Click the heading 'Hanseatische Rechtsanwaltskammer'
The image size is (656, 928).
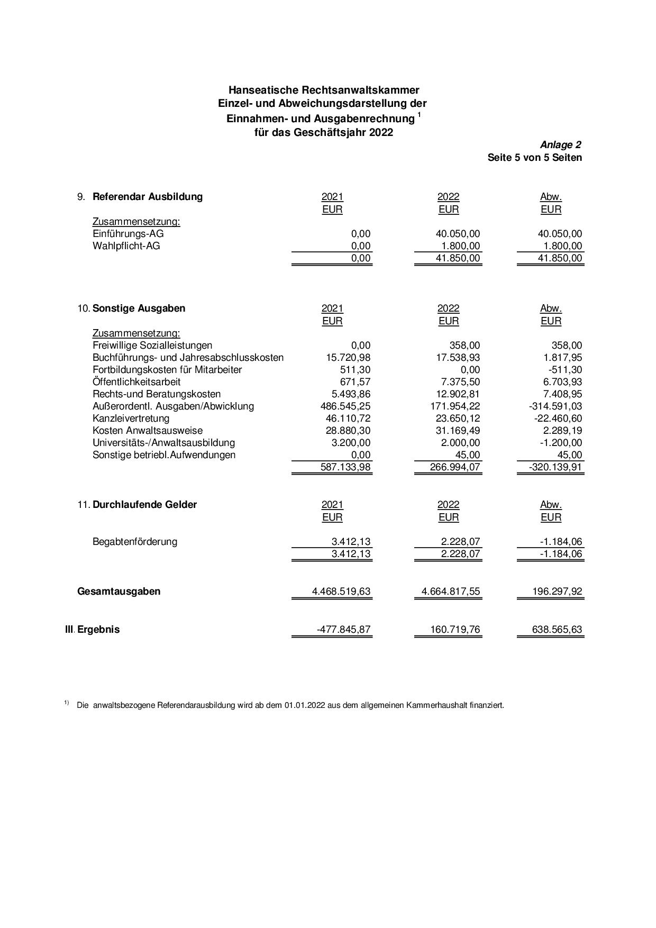324,90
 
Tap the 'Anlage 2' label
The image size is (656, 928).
560,145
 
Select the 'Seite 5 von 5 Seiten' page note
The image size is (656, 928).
534,158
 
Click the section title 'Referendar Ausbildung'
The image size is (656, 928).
148,197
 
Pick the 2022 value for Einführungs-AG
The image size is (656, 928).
454,234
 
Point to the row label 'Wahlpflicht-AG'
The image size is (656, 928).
126,246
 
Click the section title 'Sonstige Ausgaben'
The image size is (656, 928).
139,308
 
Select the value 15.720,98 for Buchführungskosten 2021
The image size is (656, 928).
348,358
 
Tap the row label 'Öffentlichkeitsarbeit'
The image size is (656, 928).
136,382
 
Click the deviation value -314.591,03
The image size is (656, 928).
551,406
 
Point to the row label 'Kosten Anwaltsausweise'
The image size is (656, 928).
148,431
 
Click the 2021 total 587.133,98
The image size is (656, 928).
345,467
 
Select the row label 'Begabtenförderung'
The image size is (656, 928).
135,542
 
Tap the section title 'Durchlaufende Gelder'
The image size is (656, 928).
144,505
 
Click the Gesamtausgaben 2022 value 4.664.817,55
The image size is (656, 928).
451,592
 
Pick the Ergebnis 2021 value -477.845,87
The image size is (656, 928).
343,630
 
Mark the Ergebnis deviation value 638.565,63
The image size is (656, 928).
557,630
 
